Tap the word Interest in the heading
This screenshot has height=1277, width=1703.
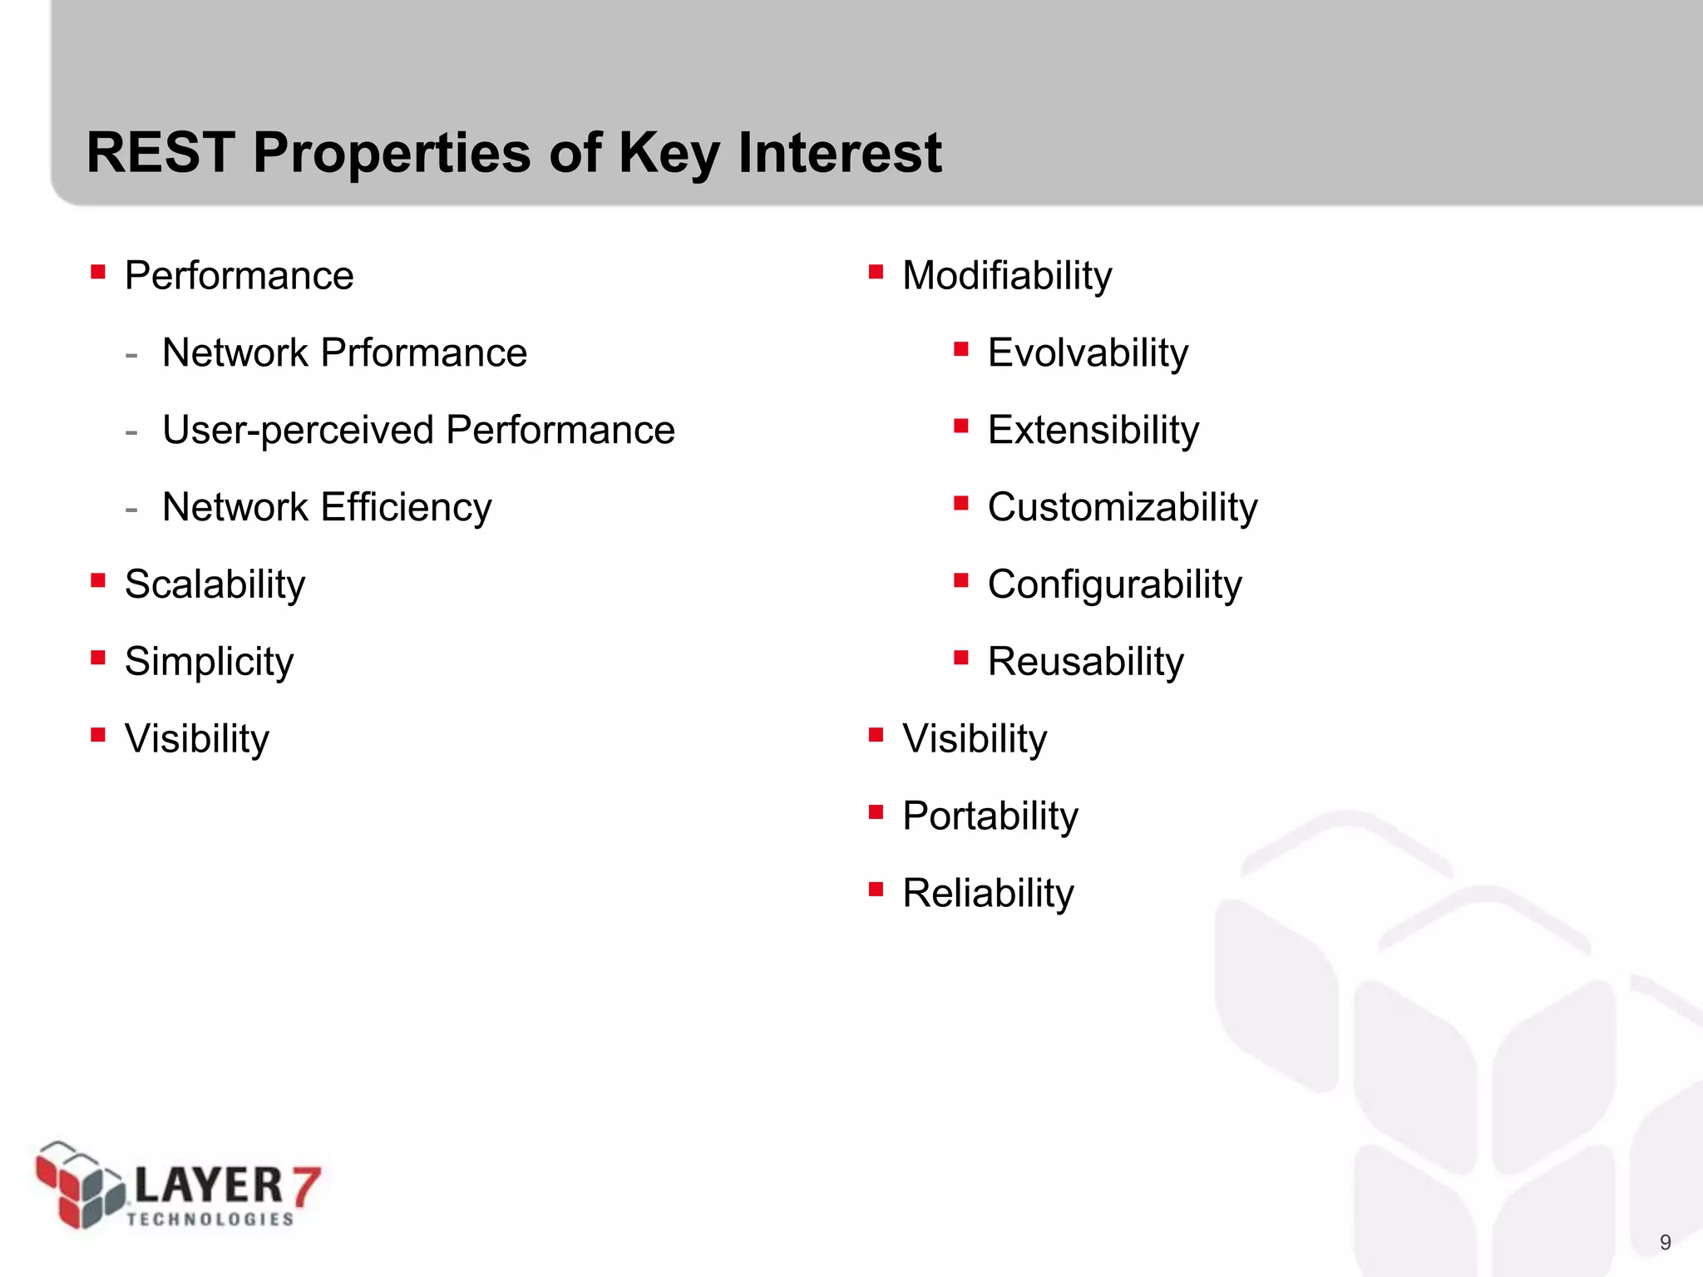tap(839, 153)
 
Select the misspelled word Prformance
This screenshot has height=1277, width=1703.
tap(423, 353)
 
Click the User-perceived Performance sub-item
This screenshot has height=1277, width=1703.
tap(418, 431)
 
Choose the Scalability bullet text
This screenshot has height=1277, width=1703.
tap(215, 584)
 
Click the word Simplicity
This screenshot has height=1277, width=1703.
tap(209, 662)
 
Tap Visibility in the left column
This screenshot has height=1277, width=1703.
tap(197, 738)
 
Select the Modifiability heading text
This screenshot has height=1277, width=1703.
tap(1007, 276)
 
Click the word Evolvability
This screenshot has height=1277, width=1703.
tap(1088, 353)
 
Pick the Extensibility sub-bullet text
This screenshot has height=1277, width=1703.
tap(1093, 431)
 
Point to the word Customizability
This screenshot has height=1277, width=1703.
tap(1122, 507)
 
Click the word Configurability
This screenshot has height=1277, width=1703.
tap(1114, 584)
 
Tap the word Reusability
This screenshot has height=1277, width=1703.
tap(1085, 662)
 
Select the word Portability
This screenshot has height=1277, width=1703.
tap(990, 816)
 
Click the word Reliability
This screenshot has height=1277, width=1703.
tap(988, 894)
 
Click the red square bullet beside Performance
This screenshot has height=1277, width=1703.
tap(98, 272)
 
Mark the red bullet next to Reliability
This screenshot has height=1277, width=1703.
tap(876, 890)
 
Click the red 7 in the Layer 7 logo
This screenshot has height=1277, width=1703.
tap(306, 1186)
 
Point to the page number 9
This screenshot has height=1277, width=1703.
tap(1665, 1242)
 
